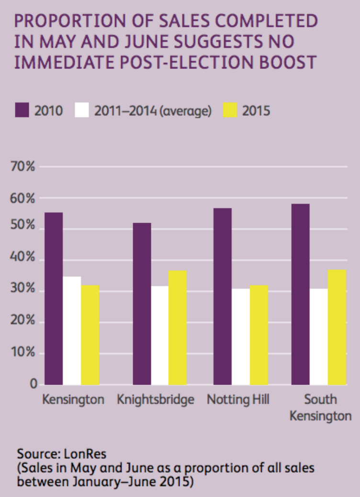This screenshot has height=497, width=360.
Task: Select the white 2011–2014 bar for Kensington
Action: [x=72, y=330]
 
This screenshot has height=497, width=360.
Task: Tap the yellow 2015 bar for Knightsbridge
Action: [x=178, y=328]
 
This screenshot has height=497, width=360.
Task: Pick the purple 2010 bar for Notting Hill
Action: [x=223, y=296]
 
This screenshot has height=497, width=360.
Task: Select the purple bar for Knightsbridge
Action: [x=142, y=304]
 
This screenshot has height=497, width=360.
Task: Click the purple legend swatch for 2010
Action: [x=22, y=111]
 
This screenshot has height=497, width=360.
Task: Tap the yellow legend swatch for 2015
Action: [x=231, y=111]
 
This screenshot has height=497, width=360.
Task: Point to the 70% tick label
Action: [x=24, y=168]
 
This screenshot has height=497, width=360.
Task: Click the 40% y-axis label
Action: [x=24, y=259]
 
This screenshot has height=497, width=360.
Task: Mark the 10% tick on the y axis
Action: [x=24, y=353]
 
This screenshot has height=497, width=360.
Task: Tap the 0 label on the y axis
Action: [x=34, y=384]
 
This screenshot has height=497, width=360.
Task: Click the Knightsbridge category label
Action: [x=156, y=400]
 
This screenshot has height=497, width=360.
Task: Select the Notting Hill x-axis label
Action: [x=238, y=400]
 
